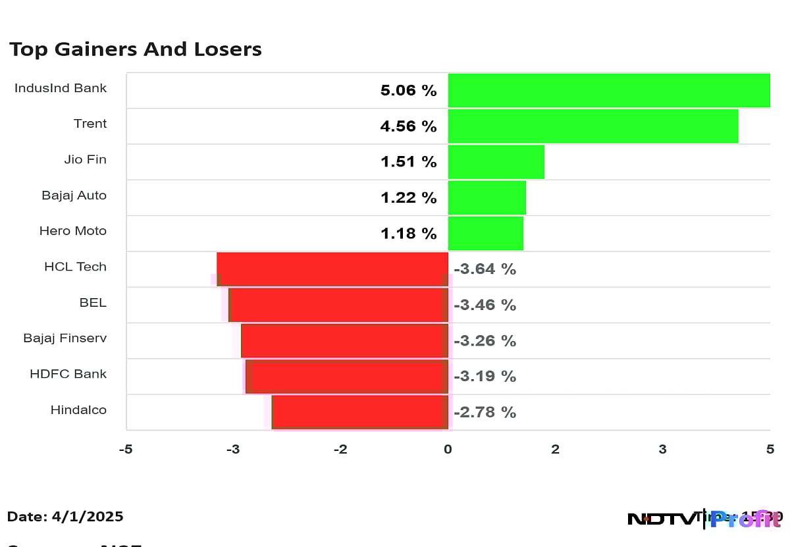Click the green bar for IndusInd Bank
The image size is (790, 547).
pos(609,90)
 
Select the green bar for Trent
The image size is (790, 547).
pos(592,126)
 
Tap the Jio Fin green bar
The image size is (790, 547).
pos(496,161)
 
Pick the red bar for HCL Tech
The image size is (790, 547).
pos(332,269)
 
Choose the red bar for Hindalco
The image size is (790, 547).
pos(360,411)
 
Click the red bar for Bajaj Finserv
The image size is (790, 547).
pos(344,340)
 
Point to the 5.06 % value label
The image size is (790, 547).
pos(408,90)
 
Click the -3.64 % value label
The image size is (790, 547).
pos(485,269)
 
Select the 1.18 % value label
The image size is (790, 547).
pos(408,233)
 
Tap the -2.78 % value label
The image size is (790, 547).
pos(485,412)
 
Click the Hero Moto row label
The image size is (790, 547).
pos(72,231)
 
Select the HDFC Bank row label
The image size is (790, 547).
pos(68,374)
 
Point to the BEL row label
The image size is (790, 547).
pos(93,303)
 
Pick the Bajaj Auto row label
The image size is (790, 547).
pos(74,195)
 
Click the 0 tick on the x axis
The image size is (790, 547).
pos(448,450)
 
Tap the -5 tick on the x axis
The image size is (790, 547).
pos(126,450)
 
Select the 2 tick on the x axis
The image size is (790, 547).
pos(555,450)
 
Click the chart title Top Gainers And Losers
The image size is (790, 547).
pos(136,49)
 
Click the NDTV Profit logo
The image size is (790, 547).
pos(703,519)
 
